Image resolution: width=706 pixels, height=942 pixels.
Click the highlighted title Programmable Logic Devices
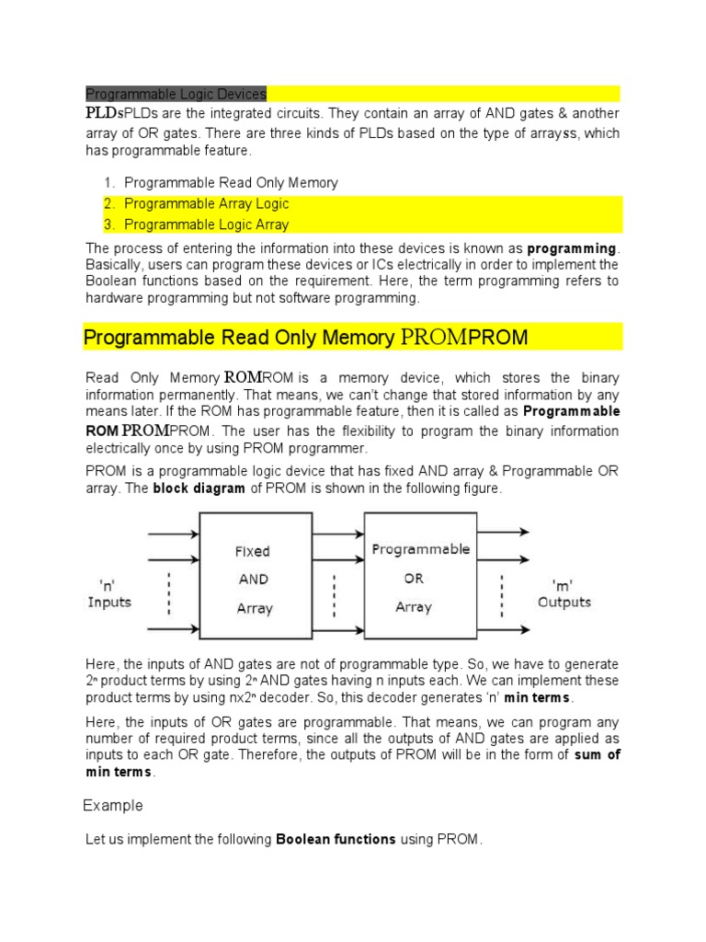[176, 94]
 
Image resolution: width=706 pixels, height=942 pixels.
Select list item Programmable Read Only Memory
[231, 183]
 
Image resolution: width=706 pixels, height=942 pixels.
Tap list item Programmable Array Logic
[206, 203]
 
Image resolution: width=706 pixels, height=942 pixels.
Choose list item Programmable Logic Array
[206, 224]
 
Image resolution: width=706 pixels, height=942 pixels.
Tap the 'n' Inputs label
[109, 593]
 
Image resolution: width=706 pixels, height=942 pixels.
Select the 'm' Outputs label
[564, 593]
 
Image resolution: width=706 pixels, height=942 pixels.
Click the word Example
[113, 806]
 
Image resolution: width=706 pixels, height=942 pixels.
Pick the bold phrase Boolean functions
[336, 840]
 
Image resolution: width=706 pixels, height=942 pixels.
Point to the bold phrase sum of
[598, 755]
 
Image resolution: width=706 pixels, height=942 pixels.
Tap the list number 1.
[108, 183]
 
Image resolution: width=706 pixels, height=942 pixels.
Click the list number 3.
[108, 224]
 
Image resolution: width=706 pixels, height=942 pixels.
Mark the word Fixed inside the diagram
[252, 552]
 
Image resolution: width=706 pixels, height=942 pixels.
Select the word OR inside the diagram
[414, 579]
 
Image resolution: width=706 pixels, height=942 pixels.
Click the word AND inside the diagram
[253, 580]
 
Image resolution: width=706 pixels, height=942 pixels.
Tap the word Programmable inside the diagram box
[420, 549]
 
